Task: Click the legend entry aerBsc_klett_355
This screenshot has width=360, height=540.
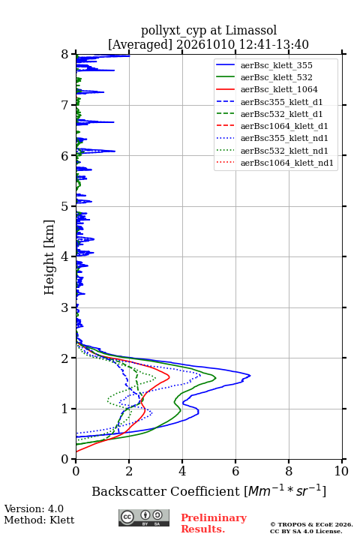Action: [276, 65]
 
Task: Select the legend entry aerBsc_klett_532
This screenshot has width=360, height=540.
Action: [276, 77]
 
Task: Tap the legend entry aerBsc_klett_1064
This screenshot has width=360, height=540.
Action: [279, 89]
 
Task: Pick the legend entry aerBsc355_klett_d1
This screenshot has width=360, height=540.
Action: [281, 102]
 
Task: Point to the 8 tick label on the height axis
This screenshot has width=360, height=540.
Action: [65, 55]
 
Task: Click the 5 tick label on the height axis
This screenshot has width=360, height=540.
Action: [65, 206]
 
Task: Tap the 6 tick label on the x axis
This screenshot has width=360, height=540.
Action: [235, 471]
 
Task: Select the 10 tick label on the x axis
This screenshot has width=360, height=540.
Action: [341, 471]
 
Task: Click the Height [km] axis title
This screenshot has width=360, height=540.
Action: [49, 257]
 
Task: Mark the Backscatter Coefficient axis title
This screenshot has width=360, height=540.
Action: [208, 490]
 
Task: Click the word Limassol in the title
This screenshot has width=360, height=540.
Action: [251, 31]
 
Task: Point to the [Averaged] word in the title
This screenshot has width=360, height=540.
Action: [139, 45]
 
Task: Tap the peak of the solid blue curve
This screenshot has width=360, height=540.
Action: [250, 376]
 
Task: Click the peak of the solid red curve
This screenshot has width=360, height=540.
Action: [169, 376]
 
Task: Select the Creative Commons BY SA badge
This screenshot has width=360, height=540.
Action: [144, 517]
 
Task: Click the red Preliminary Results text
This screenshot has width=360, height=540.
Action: [214, 523]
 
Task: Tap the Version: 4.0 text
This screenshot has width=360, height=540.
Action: [34, 508]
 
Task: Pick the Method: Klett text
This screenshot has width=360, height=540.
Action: [39, 520]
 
